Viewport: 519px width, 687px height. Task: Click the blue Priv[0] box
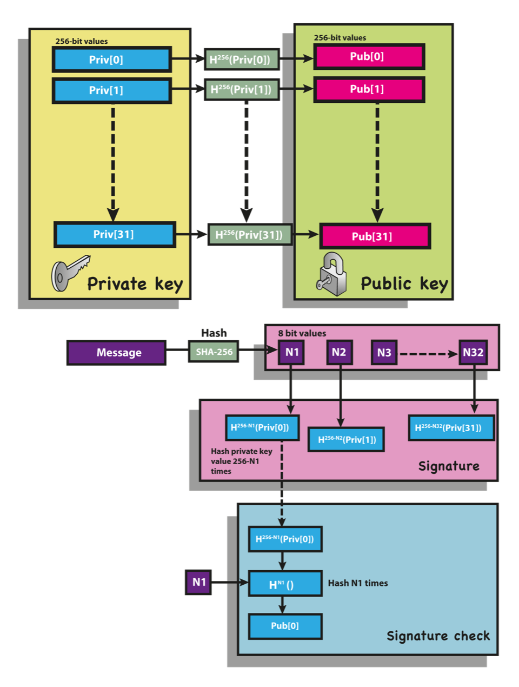click(112, 60)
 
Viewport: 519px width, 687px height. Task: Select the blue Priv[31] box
click(115, 234)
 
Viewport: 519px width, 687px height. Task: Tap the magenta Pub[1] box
click(369, 89)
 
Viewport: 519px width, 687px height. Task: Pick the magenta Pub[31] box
click(375, 236)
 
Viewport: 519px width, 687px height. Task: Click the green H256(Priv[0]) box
click(241, 60)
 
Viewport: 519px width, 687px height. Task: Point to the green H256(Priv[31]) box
click(250, 235)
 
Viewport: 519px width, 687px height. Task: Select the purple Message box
click(116, 353)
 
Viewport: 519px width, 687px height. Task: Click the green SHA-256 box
click(214, 352)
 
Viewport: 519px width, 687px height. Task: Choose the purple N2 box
click(339, 352)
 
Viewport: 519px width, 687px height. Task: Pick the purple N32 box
click(473, 352)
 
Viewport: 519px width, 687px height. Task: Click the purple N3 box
click(384, 353)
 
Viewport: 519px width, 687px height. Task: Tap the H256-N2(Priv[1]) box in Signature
click(346, 439)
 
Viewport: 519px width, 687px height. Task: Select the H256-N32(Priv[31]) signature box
click(451, 428)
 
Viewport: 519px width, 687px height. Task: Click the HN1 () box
click(285, 584)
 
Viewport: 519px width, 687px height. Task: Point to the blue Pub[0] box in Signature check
click(285, 626)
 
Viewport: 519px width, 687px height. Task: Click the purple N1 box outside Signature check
click(198, 582)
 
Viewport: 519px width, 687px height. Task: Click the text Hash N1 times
click(358, 583)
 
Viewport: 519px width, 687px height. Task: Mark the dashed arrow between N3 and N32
click(428, 354)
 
